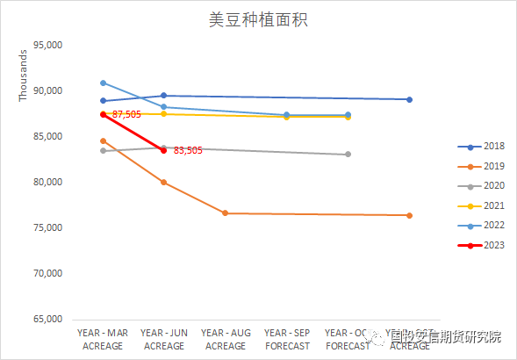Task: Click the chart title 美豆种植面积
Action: point(258,18)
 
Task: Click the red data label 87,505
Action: point(126,115)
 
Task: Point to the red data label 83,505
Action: point(188,151)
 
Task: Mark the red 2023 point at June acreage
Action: point(164,150)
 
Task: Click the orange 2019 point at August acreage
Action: point(226,213)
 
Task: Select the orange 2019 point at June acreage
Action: point(164,183)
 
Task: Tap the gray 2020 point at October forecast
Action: point(348,155)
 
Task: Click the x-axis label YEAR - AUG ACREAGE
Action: point(226,340)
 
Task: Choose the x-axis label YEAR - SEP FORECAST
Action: point(287,340)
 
